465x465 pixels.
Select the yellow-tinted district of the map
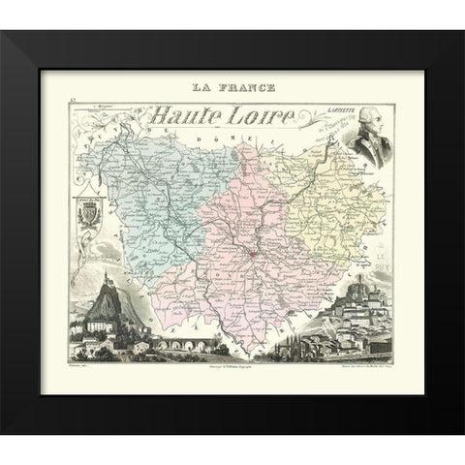click(329, 203)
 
